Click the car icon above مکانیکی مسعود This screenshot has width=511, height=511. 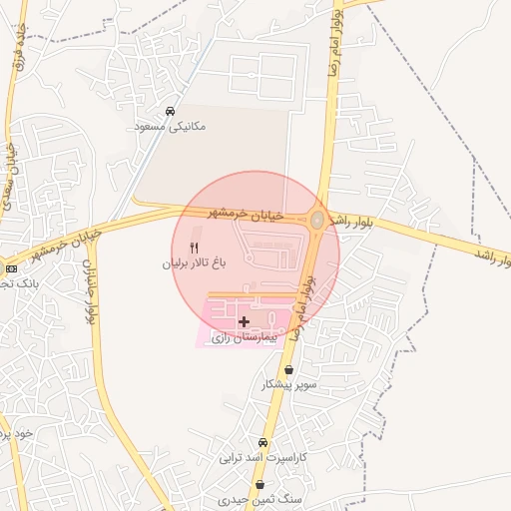171,111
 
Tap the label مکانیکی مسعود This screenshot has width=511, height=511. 171,128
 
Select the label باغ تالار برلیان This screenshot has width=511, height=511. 190,264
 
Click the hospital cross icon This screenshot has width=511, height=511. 245,321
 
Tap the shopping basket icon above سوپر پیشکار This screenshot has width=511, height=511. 289,369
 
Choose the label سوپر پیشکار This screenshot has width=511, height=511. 289,384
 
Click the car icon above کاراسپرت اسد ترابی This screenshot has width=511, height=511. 263,442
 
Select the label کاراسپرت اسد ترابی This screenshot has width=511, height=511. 263,458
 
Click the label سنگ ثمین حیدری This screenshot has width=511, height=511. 261,497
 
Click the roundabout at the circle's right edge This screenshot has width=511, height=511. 317,220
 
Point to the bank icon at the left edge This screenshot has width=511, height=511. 11,268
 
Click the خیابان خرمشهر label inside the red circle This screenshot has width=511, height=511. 246,214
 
